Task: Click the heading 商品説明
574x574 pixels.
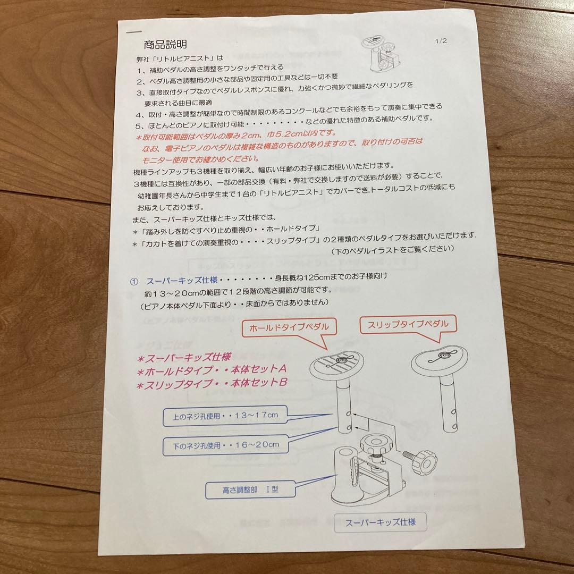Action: click(165, 45)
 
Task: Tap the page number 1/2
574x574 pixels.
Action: click(441, 41)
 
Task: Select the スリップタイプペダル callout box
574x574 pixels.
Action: click(408, 324)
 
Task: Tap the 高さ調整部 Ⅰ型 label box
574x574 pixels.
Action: click(244, 489)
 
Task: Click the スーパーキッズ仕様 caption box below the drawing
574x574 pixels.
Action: click(380, 522)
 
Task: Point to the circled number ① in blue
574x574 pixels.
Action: click(134, 282)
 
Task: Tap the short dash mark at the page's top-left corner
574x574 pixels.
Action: click(131, 32)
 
